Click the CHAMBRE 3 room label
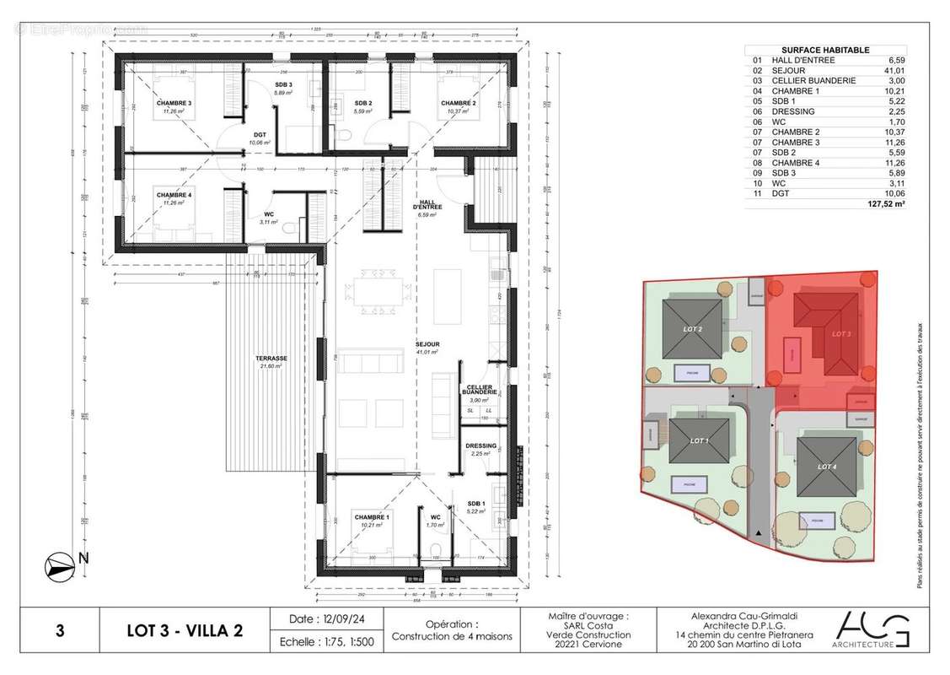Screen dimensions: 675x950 point(174,105)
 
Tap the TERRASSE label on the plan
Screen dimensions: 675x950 point(272,359)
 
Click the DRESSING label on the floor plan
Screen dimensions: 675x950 point(480,446)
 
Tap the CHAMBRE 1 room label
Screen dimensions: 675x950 point(371,517)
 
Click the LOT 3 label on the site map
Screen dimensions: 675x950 point(841,334)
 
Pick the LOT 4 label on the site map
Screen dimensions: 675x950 point(827,467)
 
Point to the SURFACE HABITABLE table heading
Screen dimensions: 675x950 point(813,50)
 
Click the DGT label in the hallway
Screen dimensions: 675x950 point(260,135)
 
